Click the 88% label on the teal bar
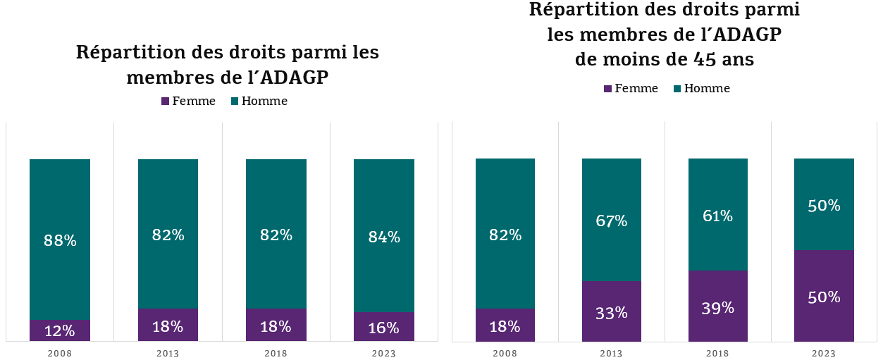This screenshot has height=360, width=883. (x=60, y=240)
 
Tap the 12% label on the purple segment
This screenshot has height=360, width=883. (x=60, y=331)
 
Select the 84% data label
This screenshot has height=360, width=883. (x=384, y=237)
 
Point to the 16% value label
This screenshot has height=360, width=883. (x=384, y=328)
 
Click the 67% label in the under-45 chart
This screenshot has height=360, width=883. (x=611, y=221)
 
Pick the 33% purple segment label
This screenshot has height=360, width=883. (x=611, y=312)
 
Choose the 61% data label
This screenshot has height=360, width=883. (x=717, y=216)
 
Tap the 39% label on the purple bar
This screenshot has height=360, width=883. (x=717, y=308)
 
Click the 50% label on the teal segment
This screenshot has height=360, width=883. (x=824, y=206)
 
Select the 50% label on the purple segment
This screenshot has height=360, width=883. (x=824, y=297)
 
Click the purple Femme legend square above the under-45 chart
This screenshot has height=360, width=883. (x=608, y=89)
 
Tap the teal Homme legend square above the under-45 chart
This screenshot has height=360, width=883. (x=677, y=89)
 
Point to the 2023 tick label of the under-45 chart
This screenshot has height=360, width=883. (x=824, y=353)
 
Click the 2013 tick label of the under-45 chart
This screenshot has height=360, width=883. (x=611, y=353)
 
